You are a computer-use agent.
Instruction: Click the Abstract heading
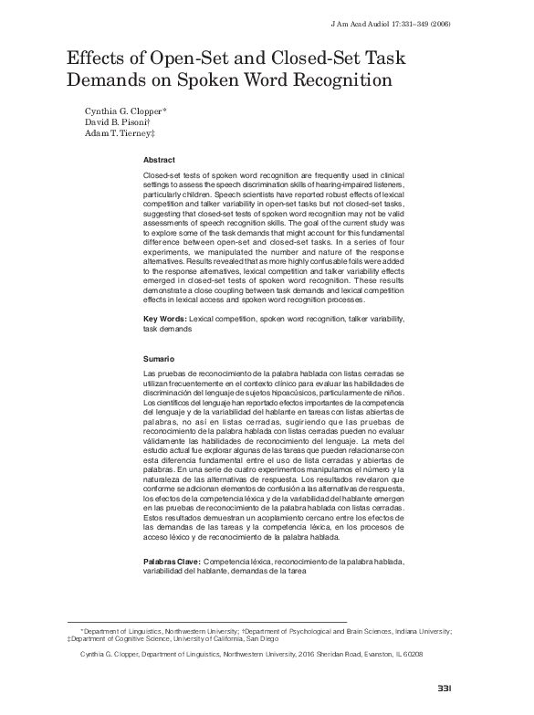(x=162, y=159)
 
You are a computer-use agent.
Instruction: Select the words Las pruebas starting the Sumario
(x=166, y=375)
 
